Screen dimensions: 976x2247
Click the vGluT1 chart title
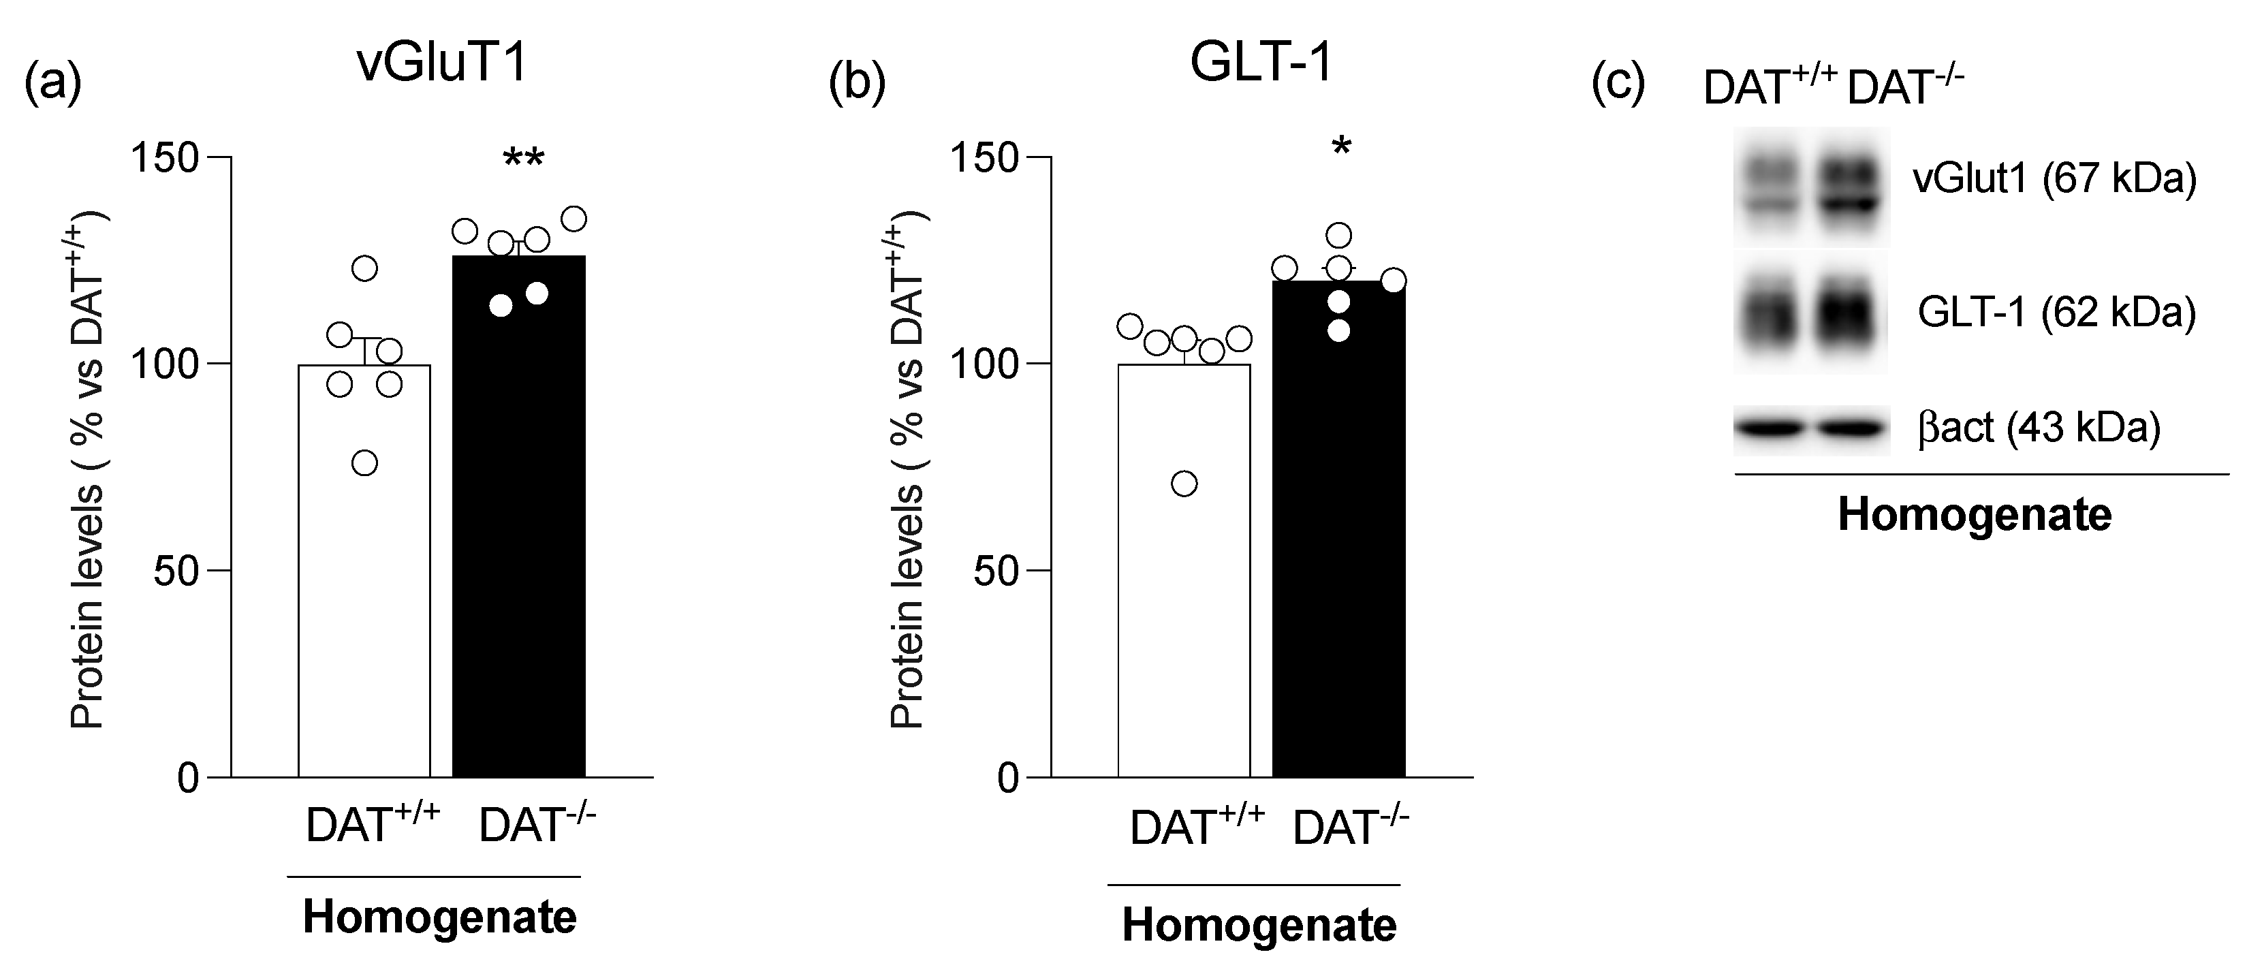click(443, 63)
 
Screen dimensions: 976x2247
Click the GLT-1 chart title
click(1261, 63)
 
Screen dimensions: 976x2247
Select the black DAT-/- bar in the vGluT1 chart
click(519, 523)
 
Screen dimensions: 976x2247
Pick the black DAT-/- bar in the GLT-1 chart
click(1338, 541)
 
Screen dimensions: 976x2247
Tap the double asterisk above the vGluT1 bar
click(523, 159)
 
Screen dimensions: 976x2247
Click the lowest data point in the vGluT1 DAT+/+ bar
click(364, 463)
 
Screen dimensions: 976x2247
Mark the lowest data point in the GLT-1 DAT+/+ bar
click(1184, 483)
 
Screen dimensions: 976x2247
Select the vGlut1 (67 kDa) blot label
click(2054, 179)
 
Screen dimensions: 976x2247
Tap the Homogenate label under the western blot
click(1975, 516)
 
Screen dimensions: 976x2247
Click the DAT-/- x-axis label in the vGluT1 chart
click(537, 824)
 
